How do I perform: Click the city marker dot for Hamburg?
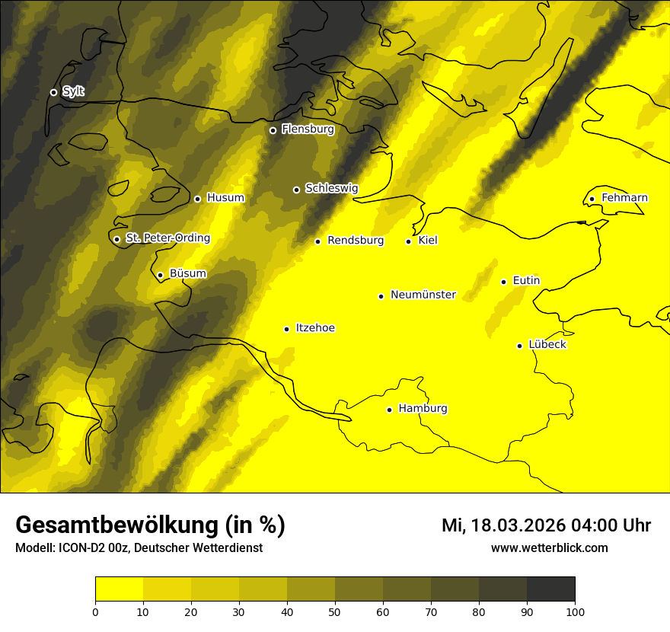pyautogui.click(x=390, y=410)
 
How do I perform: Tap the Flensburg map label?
pyautogui.click(x=308, y=129)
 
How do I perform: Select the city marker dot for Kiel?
pyautogui.click(x=409, y=241)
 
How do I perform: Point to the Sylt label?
pyautogui.click(x=73, y=91)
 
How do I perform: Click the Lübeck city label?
pyautogui.click(x=547, y=344)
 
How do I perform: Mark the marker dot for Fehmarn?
pyautogui.click(x=592, y=199)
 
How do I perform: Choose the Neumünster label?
pyautogui.click(x=423, y=295)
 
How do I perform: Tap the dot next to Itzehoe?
pyautogui.click(x=287, y=329)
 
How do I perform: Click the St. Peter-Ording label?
pyautogui.click(x=167, y=238)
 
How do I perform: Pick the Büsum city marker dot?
pyautogui.click(x=161, y=275)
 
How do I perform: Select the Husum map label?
pyautogui.click(x=225, y=198)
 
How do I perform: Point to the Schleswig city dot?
pyautogui.click(x=297, y=190)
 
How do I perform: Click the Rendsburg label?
pyautogui.click(x=356, y=241)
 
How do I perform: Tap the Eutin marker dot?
pyautogui.click(x=504, y=282)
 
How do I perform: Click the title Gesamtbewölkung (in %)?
pyautogui.click(x=150, y=525)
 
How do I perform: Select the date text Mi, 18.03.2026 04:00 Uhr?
pyautogui.click(x=546, y=525)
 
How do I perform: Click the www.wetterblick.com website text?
pyautogui.click(x=549, y=547)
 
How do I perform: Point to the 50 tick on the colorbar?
pyautogui.click(x=335, y=611)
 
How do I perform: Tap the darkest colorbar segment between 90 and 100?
pyautogui.click(x=550, y=589)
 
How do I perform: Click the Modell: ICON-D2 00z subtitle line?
pyautogui.click(x=139, y=547)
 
